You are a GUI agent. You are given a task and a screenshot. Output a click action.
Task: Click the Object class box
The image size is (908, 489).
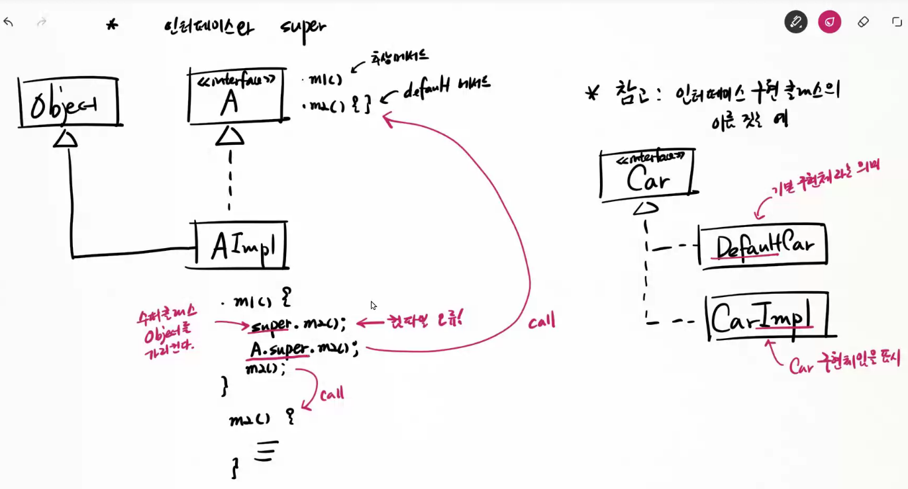click(69, 103)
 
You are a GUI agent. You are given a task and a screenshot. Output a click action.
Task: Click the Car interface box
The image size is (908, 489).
click(647, 174)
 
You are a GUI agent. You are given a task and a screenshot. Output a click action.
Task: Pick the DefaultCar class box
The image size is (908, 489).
click(763, 246)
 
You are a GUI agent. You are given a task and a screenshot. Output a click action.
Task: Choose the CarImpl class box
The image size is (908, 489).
click(768, 318)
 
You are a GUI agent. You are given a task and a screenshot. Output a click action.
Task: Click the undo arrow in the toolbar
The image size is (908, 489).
click(9, 22)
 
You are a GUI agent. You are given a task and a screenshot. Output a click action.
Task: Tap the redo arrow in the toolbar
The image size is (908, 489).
click(42, 22)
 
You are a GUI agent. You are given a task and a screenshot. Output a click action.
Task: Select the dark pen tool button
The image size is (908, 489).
click(795, 22)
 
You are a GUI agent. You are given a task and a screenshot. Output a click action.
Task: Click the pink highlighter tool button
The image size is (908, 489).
click(829, 22)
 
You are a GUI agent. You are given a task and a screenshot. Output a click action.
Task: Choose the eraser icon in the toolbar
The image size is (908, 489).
click(863, 22)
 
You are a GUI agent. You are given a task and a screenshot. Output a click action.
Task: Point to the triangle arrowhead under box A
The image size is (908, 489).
click(230, 136)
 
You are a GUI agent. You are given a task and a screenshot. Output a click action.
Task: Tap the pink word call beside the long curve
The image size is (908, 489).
click(542, 322)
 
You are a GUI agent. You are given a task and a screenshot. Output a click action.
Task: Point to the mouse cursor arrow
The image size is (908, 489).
click(373, 305)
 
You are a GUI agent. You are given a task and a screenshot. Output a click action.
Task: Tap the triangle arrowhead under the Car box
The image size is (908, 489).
click(646, 208)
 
